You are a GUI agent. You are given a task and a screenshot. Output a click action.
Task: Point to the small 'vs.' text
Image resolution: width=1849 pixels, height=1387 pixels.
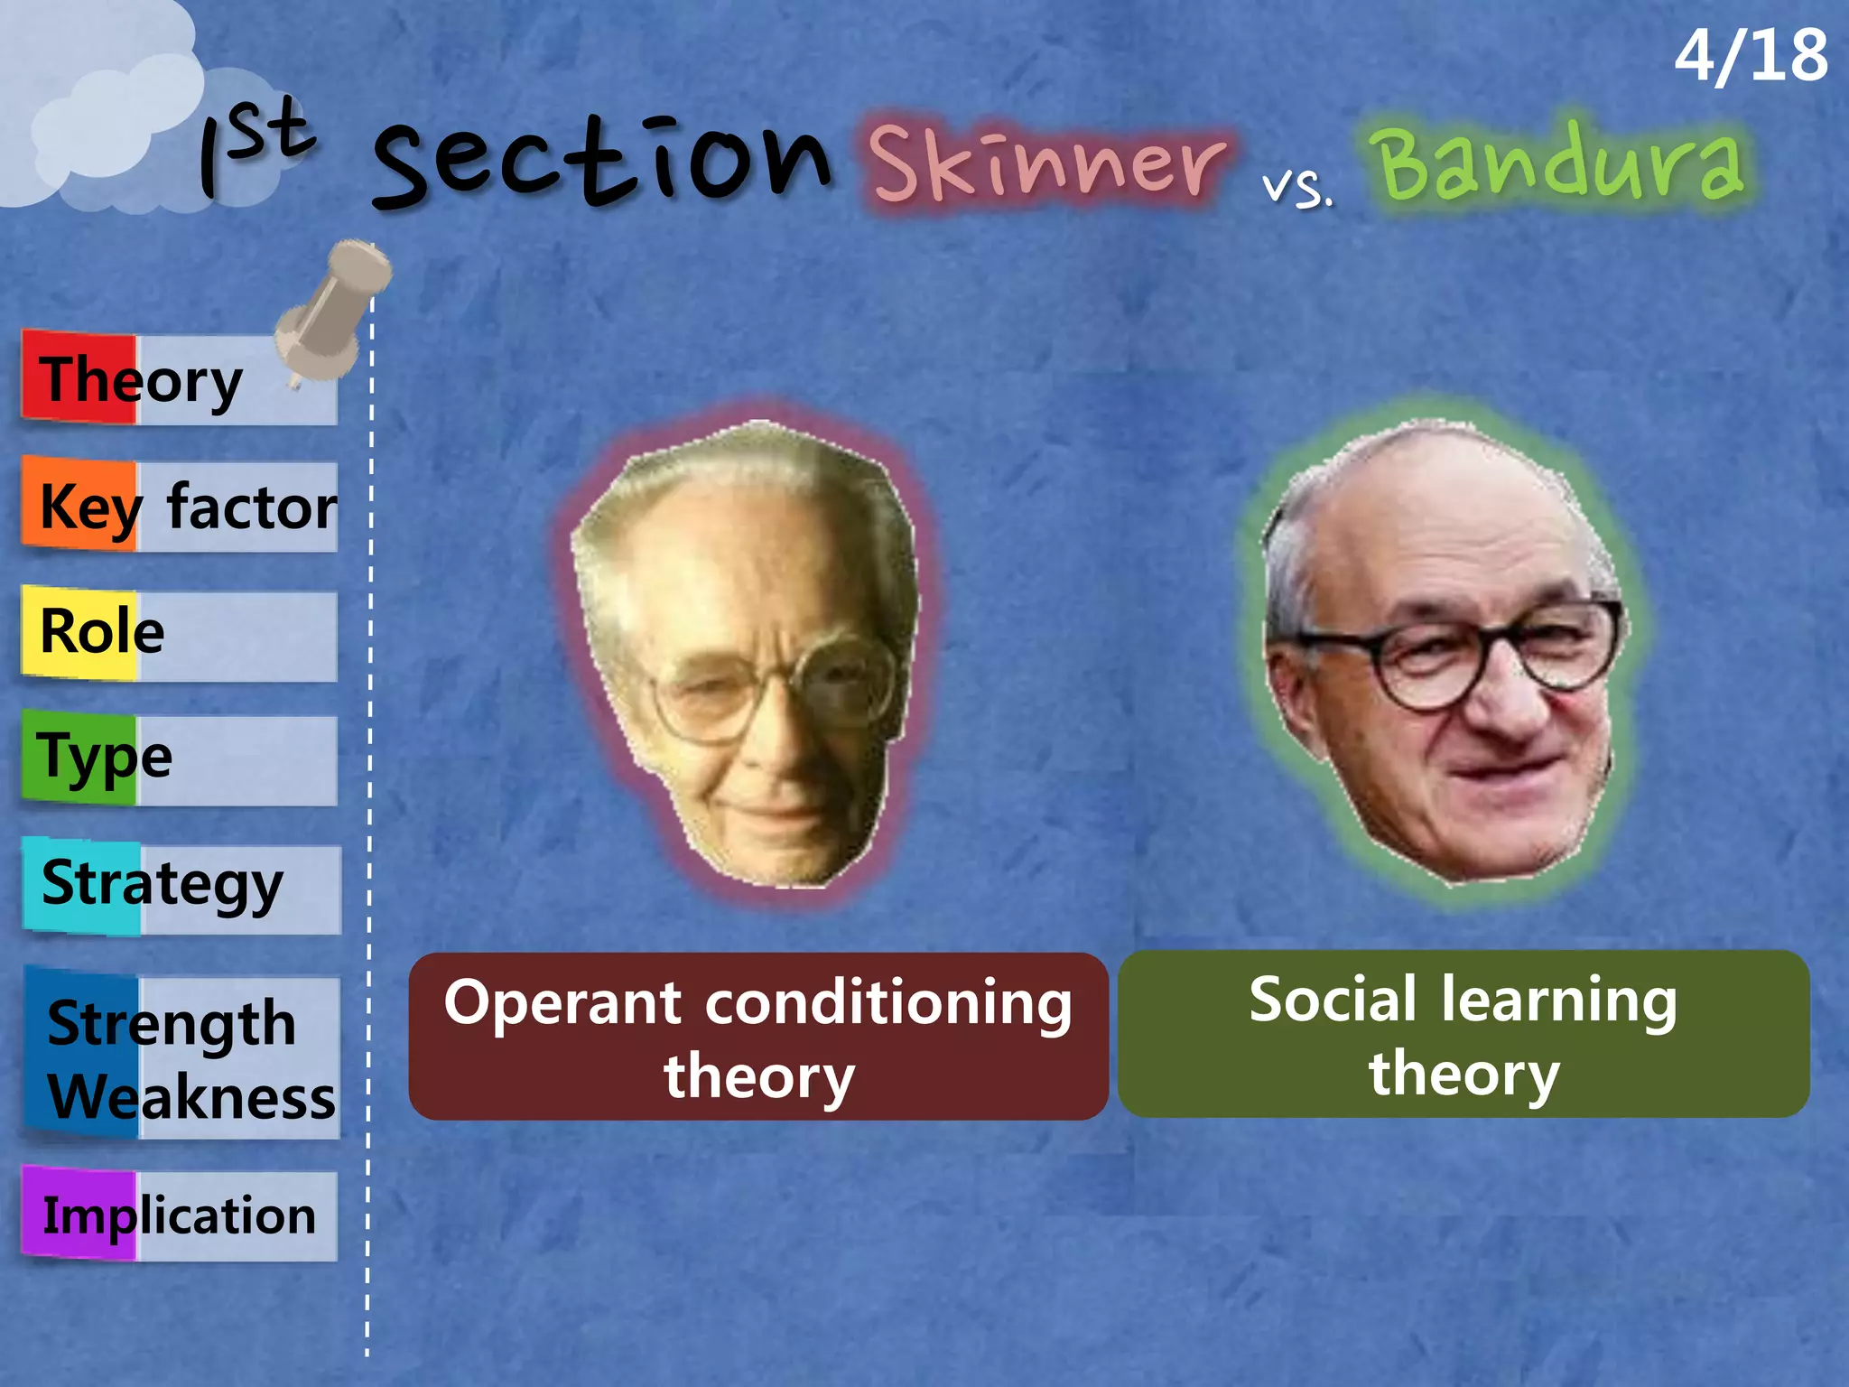1297,188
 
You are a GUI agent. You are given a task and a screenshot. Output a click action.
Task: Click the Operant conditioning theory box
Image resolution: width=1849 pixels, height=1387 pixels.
758,1037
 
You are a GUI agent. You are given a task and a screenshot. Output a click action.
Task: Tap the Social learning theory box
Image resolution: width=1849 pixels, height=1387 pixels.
1463,1035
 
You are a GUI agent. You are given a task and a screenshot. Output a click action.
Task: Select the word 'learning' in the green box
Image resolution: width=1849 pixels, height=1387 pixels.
1558,1001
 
